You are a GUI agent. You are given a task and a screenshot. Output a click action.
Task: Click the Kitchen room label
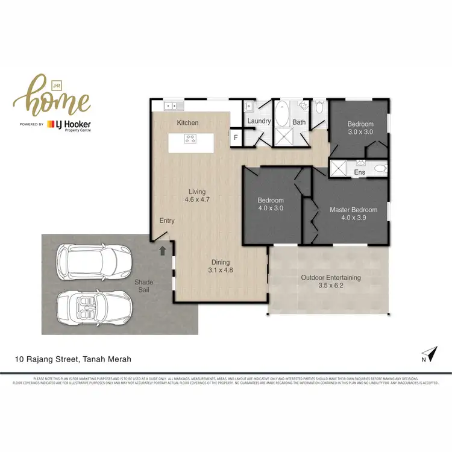187,123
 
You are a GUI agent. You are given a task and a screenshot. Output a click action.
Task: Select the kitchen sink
171,106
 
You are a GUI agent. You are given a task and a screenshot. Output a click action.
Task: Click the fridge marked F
236,137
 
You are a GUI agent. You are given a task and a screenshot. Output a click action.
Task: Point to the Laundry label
259,121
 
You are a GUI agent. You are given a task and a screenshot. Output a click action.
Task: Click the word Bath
299,122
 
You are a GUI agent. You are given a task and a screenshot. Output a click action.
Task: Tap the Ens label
360,173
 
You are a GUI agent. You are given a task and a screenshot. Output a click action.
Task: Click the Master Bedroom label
353,210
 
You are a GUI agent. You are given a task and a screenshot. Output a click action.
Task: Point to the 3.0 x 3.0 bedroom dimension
360,132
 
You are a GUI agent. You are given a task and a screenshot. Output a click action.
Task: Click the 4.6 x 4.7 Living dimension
196,199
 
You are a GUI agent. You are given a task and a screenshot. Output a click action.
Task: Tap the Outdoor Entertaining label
330,278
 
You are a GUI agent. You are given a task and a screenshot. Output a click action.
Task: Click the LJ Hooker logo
77,125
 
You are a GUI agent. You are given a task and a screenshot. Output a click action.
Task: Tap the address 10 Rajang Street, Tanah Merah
74,359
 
